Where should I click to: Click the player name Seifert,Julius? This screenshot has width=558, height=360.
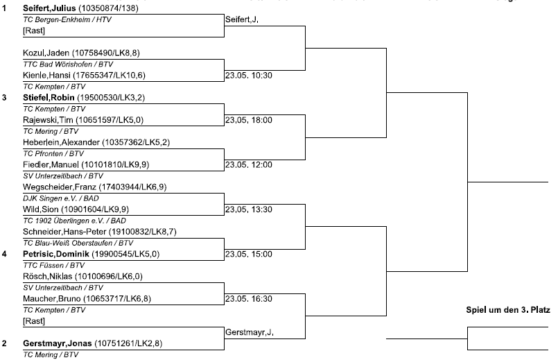[49, 8]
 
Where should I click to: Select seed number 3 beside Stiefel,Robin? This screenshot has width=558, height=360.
[4, 98]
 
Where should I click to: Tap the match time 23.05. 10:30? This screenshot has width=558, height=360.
[249, 76]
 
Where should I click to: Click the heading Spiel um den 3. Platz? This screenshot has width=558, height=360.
[508, 310]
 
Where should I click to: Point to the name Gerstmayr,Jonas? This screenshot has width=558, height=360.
[58, 343]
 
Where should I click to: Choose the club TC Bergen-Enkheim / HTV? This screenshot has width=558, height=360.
[67, 19]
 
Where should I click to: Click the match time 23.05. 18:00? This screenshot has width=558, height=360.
[249, 121]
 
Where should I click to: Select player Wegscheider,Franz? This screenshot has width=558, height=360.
[60, 187]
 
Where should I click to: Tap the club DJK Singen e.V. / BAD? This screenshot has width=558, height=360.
[61, 198]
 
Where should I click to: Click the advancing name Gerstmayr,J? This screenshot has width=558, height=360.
[250, 332]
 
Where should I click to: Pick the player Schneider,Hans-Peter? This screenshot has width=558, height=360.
[64, 232]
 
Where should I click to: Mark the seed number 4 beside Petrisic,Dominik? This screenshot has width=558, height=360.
[4, 255]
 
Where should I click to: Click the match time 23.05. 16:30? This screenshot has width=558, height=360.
[249, 299]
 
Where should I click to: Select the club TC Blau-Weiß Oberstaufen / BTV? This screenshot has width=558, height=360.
[78, 243]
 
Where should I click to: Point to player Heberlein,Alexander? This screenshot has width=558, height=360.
[61, 142]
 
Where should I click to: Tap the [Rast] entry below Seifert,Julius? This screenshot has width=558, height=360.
[34, 31]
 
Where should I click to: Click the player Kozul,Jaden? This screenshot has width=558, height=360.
[46, 53]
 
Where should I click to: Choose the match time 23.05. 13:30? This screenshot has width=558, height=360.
[249, 209]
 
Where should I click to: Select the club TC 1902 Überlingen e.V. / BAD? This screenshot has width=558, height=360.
[74, 221]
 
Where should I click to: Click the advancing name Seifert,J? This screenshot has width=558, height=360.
[242, 20]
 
